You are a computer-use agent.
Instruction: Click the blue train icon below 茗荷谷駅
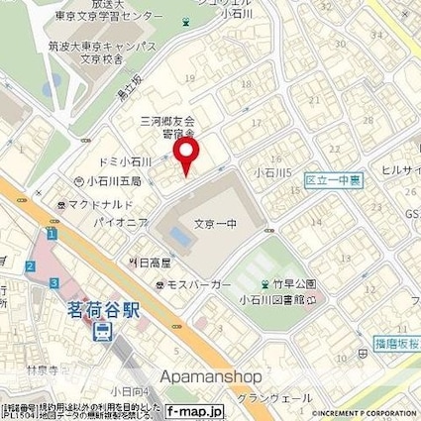pos(99,333)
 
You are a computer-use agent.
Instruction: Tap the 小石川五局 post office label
pos(111,181)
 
